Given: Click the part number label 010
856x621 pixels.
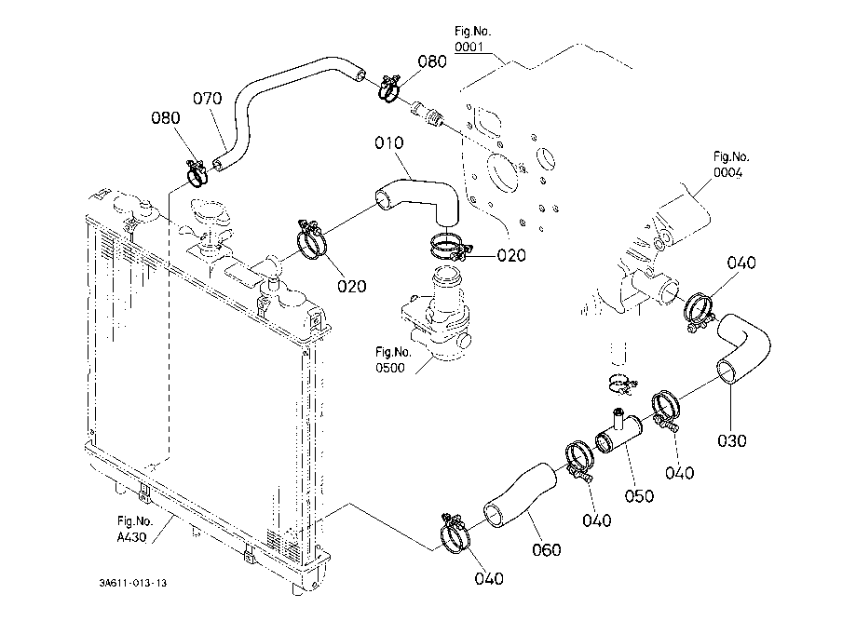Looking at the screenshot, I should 388,143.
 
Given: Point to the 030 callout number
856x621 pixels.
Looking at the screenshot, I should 733,440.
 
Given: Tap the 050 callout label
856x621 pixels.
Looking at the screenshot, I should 639,495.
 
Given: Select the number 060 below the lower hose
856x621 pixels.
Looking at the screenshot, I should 547,549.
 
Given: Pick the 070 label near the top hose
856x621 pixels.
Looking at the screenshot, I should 208,98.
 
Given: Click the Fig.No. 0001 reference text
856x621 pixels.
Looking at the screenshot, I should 472,39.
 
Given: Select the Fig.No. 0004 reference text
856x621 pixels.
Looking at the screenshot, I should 731,165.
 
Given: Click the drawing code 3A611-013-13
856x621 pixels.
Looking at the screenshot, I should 134,583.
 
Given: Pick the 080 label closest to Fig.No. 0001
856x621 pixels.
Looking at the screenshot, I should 431,61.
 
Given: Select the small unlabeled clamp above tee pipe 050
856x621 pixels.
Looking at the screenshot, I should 618,380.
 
